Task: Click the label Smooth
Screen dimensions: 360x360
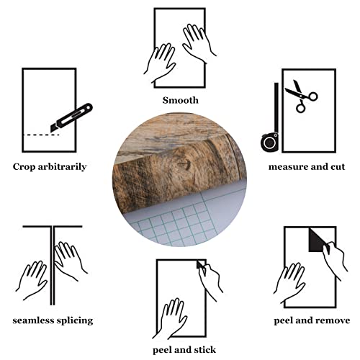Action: [x=180, y=100]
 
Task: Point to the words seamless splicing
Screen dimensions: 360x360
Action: [x=53, y=320]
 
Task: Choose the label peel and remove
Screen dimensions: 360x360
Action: [x=312, y=320]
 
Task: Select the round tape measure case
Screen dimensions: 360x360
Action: [x=271, y=141]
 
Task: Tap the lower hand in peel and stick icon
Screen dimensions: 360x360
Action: [x=174, y=318]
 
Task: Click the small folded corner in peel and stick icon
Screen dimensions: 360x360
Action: [x=199, y=266]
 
